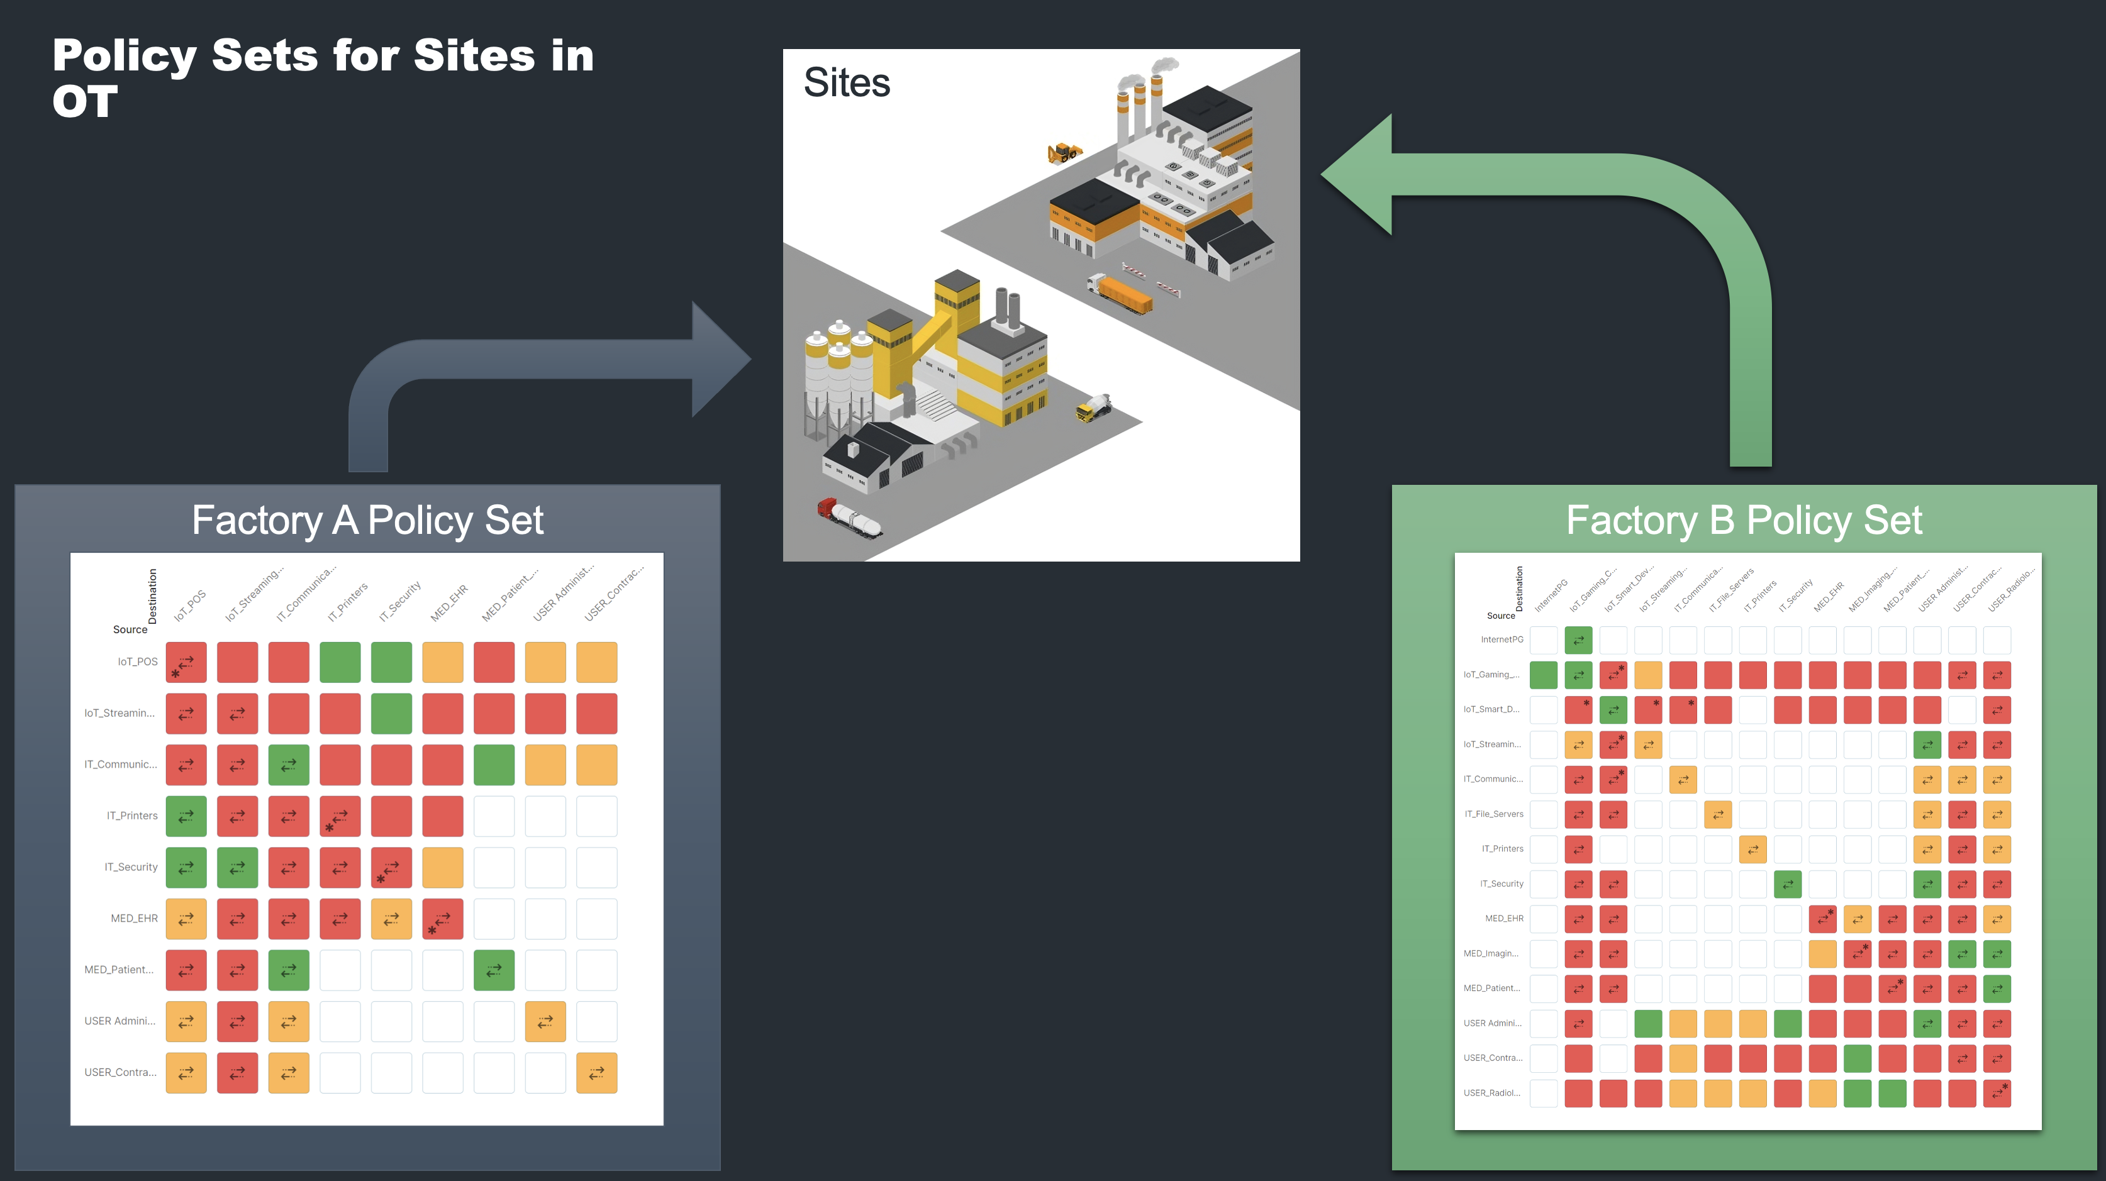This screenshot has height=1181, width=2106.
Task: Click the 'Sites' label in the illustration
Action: (846, 84)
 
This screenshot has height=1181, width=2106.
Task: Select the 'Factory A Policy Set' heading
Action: (367, 520)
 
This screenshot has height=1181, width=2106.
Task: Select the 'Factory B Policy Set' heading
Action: (1744, 520)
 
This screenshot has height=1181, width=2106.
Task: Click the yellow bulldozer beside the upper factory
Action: (1064, 153)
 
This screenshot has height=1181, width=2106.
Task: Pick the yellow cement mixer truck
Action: (1094, 406)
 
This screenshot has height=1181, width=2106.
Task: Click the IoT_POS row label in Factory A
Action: (137, 662)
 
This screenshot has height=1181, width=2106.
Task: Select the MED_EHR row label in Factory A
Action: (134, 919)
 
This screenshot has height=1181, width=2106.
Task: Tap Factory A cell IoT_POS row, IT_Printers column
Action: (340, 662)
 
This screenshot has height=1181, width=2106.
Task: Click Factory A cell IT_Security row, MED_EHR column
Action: (442, 867)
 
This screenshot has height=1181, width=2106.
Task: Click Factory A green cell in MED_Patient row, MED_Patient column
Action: (494, 970)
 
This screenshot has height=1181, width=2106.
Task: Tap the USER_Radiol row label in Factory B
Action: (1491, 1093)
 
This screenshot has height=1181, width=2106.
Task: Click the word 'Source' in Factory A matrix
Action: (130, 629)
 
